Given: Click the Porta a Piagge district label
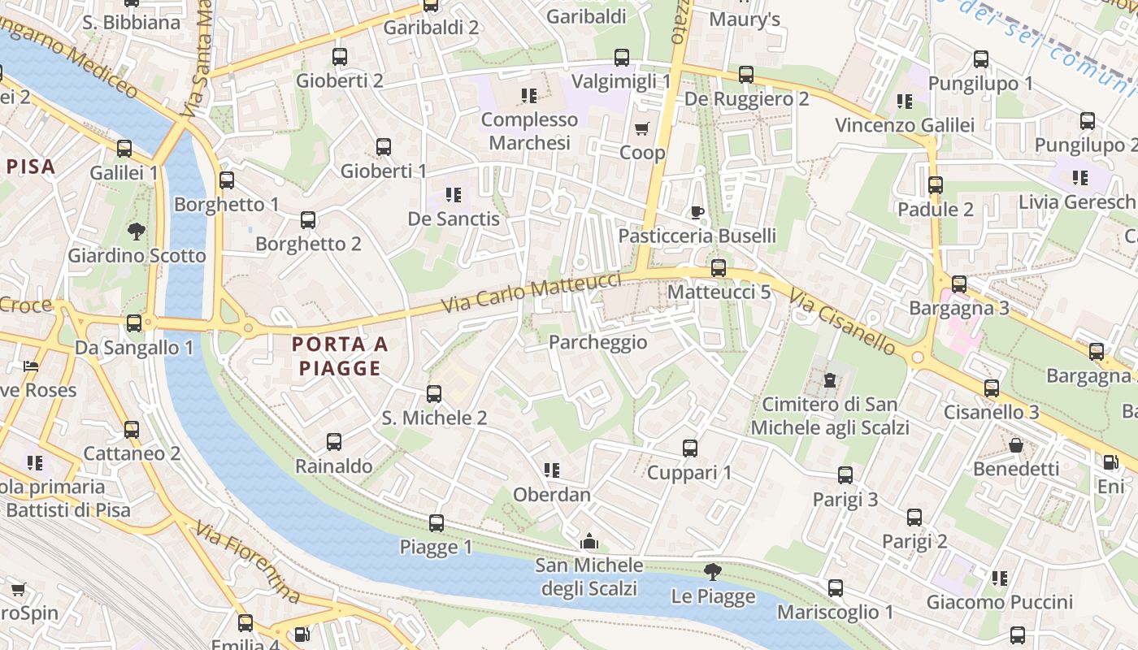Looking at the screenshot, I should [340, 356].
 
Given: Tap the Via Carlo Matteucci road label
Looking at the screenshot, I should [532, 293].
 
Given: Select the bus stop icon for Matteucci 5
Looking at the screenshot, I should [718, 267].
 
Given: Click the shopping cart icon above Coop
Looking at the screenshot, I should [641, 128].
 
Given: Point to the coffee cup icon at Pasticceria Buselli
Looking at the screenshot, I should [697, 212].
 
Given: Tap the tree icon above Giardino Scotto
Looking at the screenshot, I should [136, 231].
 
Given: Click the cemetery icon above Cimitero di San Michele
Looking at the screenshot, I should [829, 379].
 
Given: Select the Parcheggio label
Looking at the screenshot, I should [597, 342].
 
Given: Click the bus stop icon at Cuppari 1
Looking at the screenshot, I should [689, 448].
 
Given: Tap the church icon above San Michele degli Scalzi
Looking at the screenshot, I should [589, 541].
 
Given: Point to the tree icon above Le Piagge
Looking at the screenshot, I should [712, 572].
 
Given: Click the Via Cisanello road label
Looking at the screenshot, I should [841, 323].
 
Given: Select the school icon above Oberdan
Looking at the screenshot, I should [551, 470].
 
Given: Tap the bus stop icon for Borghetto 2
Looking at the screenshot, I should [307, 219].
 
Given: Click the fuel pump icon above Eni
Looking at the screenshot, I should [1110, 461].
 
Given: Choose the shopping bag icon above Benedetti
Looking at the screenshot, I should [1015, 444].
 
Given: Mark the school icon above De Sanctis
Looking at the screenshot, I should [453, 194].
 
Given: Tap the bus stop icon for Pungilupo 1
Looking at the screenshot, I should [980, 59].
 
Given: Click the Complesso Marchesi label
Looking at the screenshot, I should [529, 131].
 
